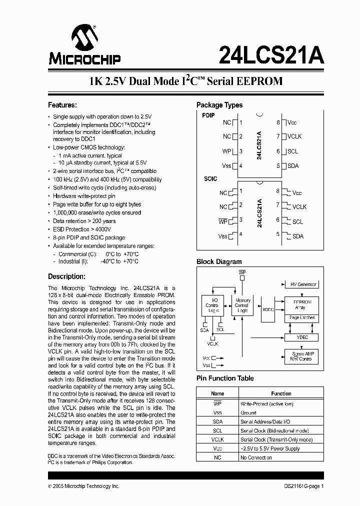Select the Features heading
click(62, 105)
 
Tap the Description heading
click(66, 276)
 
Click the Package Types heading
click(219, 105)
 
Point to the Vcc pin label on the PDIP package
click(292, 122)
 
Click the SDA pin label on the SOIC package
click(297, 236)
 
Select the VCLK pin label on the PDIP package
click(294, 136)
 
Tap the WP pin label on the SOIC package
click(222, 220)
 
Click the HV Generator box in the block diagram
click(303, 284)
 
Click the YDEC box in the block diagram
click(302, 337)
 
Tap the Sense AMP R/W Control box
click(301, 356)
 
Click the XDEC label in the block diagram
click(268, 309)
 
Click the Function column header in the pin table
click(281, 393)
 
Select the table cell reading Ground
click(248, 412)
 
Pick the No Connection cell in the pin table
click(256, 457)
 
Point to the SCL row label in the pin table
click(217, 430)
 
